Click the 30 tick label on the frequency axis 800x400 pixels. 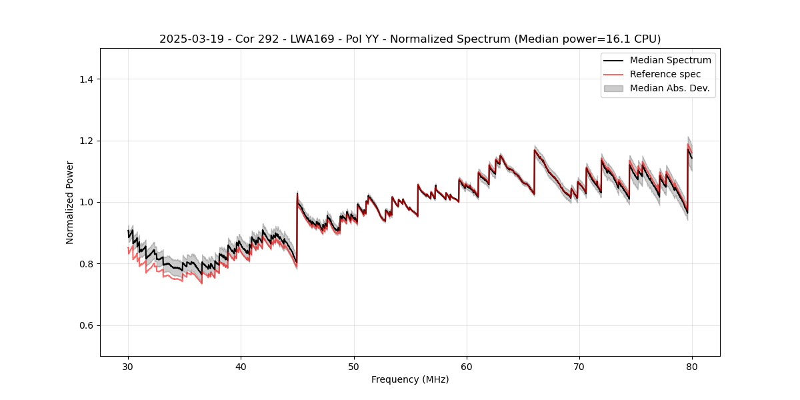128,366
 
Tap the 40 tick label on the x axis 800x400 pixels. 241,366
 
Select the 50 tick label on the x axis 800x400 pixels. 354,366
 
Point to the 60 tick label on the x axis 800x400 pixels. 467,366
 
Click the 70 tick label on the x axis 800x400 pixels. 579,366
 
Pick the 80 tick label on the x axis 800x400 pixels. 692,366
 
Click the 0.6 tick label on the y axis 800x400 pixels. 87,325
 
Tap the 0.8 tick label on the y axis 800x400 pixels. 87,264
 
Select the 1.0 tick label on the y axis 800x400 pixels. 87,202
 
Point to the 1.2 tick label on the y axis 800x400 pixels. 87,141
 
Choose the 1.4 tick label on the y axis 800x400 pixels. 87,79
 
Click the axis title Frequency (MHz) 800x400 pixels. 410,379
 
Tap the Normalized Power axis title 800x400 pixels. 70,202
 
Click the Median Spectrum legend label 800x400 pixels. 670,60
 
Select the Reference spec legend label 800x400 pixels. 665,74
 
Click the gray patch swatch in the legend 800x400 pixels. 613,88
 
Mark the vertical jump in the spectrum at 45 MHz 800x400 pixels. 297,227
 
